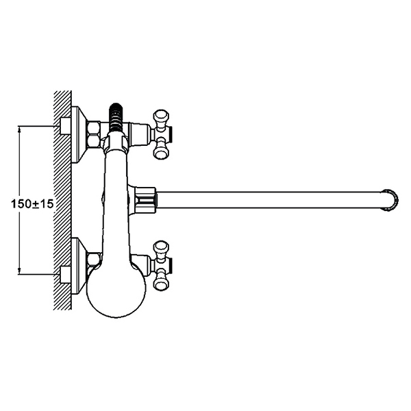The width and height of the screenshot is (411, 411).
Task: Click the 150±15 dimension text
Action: (32, 203)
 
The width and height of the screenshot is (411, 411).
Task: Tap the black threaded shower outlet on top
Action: (116, 117)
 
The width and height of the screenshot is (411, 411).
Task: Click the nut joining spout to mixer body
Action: (146, 200)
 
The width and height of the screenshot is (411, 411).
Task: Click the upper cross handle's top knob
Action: (161, 115)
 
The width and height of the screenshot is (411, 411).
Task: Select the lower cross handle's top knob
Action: (161, 247)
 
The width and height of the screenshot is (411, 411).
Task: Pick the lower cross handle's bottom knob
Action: (161, 284)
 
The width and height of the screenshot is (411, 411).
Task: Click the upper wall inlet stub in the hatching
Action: (66, 126)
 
